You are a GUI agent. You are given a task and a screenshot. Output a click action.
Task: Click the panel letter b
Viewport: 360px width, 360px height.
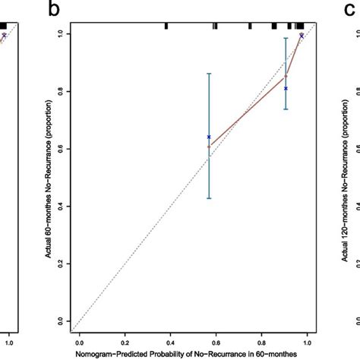tap(52, 10)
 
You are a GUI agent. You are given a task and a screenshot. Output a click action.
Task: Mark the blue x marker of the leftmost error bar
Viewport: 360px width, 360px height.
tap(209, 137)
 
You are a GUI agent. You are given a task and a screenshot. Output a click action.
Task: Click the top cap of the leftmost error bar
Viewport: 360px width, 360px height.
tap(209, 74)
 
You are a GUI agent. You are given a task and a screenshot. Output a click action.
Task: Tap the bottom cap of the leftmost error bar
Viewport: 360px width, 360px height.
tap(209, 198)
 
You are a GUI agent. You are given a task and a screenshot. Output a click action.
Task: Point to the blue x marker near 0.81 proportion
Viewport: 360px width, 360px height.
tap(286, 89)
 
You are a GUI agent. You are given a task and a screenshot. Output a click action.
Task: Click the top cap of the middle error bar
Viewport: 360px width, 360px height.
tap(286, 38)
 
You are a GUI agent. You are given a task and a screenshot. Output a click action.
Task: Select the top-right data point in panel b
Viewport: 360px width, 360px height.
tap(302, 36)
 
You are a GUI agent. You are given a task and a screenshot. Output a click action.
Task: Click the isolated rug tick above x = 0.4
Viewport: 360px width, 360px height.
tap(166, 26)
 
